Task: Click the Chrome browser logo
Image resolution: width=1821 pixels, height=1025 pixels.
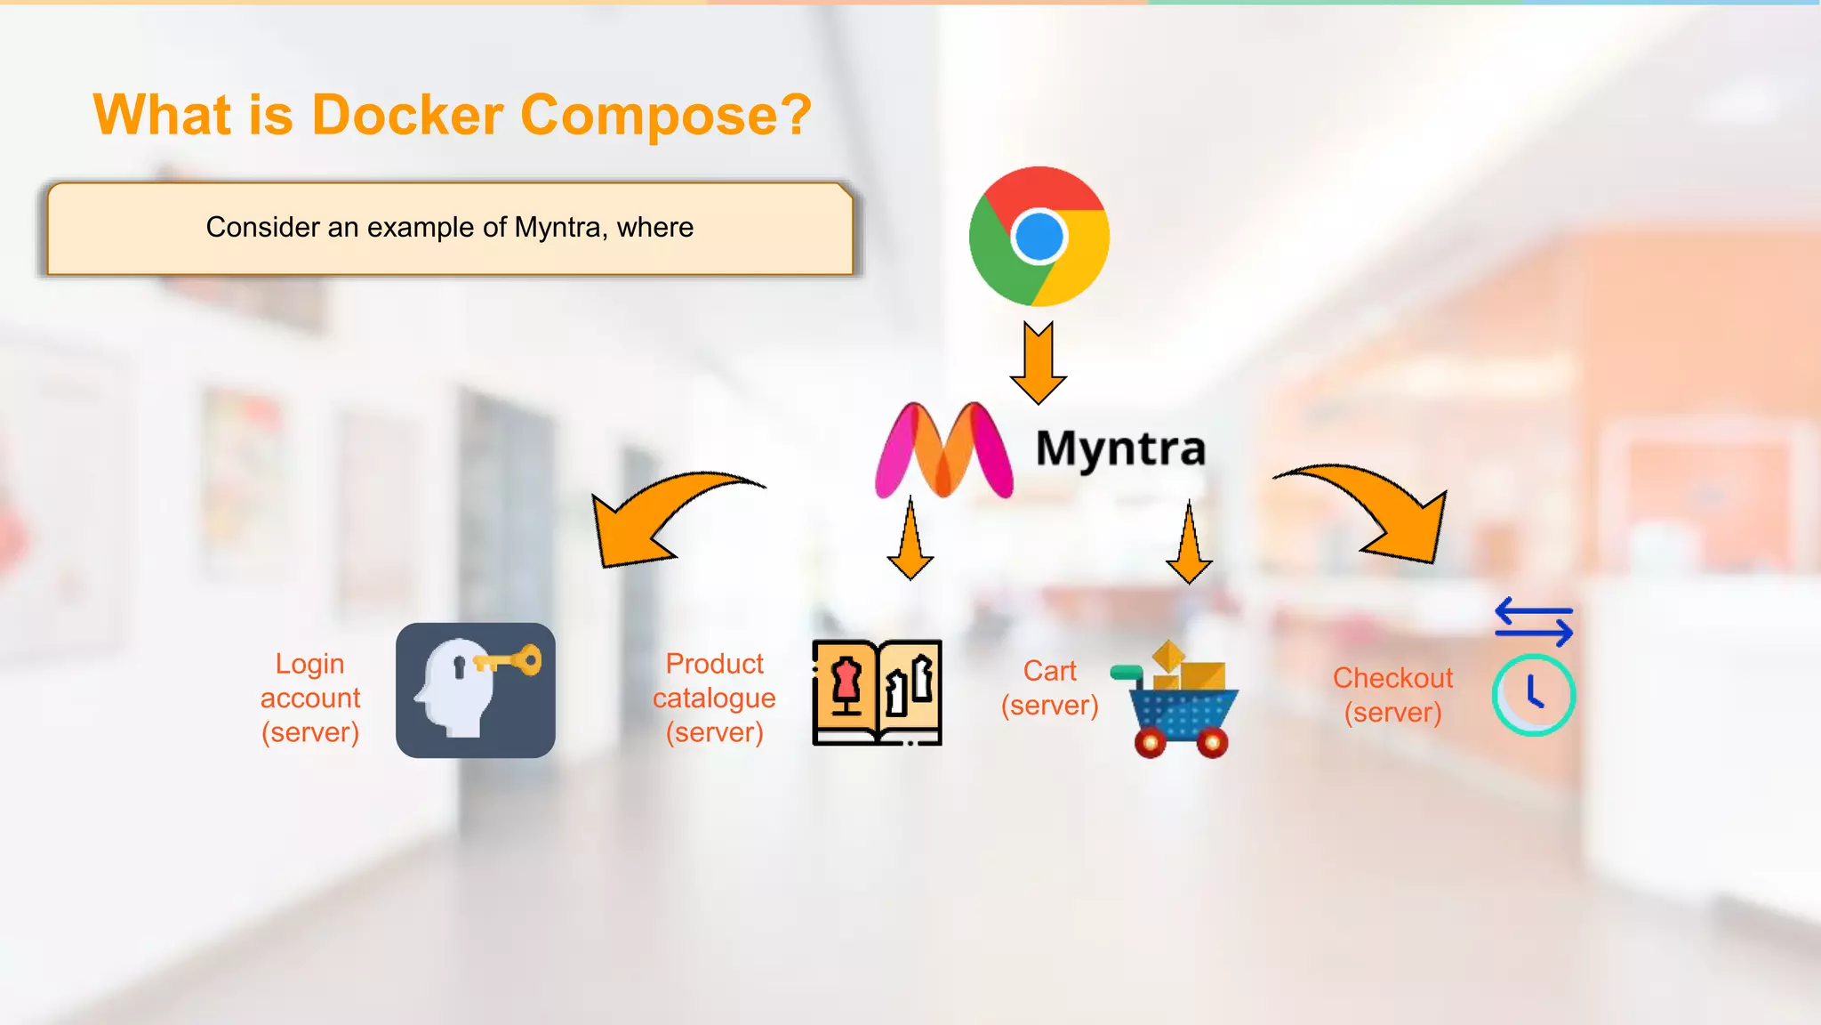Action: (1039, 237)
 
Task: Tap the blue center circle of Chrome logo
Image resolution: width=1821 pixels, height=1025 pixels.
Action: (1039, 237)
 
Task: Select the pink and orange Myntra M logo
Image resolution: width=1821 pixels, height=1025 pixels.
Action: (943, 450)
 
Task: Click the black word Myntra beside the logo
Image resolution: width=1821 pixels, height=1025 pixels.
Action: (1120, 448)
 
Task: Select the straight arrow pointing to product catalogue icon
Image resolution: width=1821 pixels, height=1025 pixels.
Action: (910, 541)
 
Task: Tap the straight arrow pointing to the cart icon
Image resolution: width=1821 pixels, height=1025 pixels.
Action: (1189, 544)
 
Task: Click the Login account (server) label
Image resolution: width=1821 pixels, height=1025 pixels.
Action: (310, 698)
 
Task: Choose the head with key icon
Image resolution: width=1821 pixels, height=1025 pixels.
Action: (476, 690)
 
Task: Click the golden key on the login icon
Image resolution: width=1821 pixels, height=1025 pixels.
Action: (509, 661)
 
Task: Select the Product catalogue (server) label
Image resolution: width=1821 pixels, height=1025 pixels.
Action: (714, 698)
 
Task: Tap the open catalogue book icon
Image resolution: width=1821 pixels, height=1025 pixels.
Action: (877, 692)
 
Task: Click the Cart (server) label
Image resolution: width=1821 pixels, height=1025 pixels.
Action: (1049, 688)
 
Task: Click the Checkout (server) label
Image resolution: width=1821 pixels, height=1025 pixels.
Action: (1392, 695)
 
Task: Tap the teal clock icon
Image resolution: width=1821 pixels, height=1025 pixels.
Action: (1533, 695)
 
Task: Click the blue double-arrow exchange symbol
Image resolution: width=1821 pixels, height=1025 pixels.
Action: (1534, 622)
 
